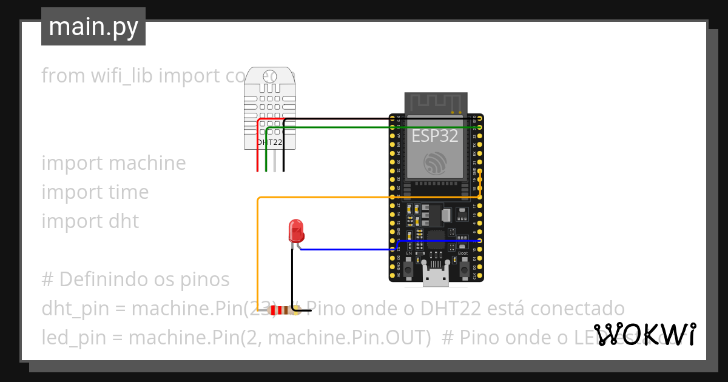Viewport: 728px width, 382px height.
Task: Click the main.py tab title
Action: pyautogui.click(x=93, y=27)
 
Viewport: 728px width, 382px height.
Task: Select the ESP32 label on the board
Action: pyautogui.click(x=435, y=136)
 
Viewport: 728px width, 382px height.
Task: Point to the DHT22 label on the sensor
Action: pyautogui.click(x=269, y=142)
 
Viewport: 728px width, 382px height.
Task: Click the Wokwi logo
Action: pyautogui.click(x=644, y=334)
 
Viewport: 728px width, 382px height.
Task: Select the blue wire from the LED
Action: pyautogui.click(x=346, y=249)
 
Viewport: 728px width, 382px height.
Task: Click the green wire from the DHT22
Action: pyautogui.click(x=364, y=127)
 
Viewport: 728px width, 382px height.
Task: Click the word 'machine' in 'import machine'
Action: pyautogui.click(x=149, y=163)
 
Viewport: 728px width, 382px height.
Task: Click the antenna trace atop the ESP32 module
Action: pyautogui.click(x=436, y=102)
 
